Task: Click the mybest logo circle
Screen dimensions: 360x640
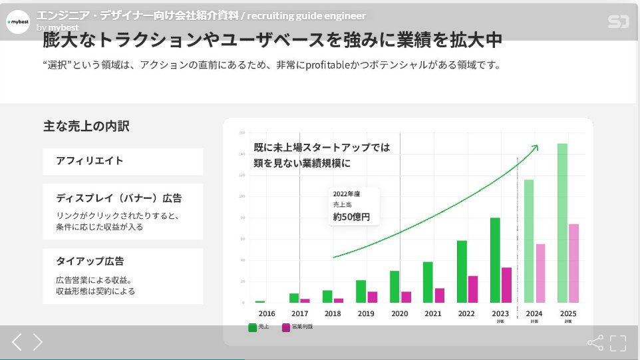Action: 18,22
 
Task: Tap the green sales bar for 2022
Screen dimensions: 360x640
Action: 462,271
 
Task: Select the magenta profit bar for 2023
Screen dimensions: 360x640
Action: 506,285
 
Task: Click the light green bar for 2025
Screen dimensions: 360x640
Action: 562,223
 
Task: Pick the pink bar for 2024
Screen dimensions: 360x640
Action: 540,273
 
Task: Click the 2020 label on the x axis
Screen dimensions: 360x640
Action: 399,313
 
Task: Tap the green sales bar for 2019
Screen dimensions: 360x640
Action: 361,291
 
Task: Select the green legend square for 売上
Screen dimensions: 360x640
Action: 252,327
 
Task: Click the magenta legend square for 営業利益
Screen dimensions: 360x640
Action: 286,327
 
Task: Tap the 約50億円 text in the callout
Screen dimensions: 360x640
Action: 351,217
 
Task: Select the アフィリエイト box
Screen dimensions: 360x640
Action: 122,161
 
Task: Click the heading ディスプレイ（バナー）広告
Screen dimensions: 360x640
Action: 119,198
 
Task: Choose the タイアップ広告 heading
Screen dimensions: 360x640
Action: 90,262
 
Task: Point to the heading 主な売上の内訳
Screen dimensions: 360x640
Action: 86,126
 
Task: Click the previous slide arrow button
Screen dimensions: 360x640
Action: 17,342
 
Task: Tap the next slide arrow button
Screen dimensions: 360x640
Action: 38,342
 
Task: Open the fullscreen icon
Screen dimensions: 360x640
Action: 618,343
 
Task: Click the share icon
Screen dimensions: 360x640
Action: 595,343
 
